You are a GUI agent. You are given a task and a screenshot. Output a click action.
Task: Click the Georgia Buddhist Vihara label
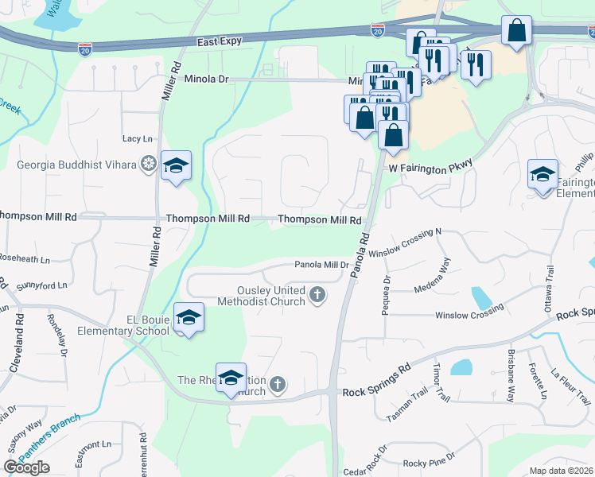(x=77, y=165)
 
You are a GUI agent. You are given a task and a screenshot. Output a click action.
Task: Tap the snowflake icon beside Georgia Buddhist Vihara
(x=147, y=165)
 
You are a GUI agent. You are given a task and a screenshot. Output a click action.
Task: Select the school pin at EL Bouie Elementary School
(x=188, y=318)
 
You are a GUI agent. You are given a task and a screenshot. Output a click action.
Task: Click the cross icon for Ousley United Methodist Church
(x=317, y=296)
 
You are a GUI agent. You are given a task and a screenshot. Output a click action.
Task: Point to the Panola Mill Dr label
(x=322, y=265)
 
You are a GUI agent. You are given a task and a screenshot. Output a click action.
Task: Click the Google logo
(x=26, y=467)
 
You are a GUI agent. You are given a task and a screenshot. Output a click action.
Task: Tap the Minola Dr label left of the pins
(x=206, y=79)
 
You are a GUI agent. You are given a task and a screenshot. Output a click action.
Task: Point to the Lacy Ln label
(x=137, y=139)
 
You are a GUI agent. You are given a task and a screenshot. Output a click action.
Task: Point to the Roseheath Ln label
(x=24, y=259)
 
